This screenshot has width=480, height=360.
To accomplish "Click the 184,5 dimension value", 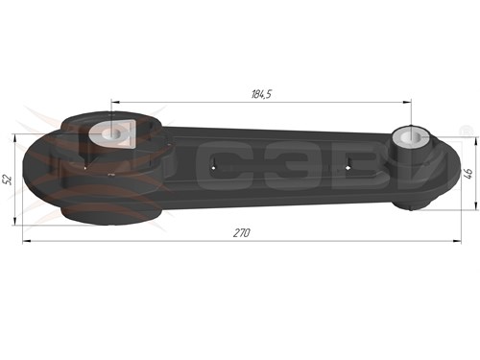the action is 261,94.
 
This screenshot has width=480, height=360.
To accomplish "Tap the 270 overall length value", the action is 242,233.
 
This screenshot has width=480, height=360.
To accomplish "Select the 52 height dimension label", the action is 9,180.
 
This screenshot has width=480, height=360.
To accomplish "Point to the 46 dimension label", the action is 468,173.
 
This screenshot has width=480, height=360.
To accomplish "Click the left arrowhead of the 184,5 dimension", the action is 115,102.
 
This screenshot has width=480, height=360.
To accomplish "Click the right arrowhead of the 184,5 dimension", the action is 407,102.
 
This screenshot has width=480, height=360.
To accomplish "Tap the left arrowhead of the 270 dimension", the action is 27,241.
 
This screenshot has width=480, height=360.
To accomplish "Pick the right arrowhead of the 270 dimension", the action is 457,241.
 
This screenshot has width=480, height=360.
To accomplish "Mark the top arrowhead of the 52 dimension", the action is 14,138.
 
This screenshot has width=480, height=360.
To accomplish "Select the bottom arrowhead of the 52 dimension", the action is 14,221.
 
